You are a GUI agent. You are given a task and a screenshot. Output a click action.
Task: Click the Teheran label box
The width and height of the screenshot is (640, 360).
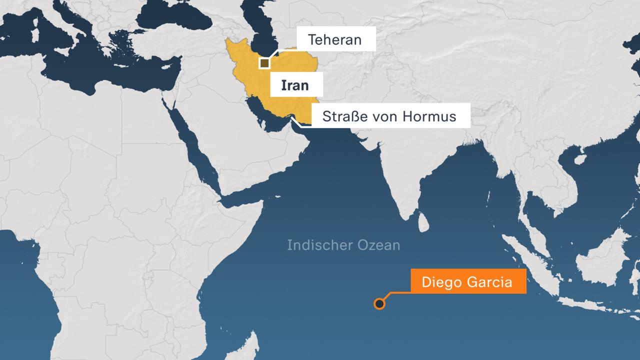click(x=335, y=40)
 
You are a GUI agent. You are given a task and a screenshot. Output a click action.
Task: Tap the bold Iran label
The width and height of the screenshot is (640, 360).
click(x=295, y=85)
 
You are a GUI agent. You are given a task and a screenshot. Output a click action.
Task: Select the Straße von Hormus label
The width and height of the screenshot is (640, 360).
click(x=389, y=116)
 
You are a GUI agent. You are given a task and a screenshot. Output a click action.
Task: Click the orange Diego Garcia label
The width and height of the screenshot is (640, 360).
click(x=467, y=281)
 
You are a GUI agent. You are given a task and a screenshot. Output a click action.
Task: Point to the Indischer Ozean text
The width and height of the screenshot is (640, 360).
click(x=343, y=245)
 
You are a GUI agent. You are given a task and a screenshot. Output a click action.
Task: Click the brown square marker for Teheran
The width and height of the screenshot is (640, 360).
click(x=264, y=63)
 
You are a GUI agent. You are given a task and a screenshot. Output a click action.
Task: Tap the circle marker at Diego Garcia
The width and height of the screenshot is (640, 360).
click(x=379, y=303)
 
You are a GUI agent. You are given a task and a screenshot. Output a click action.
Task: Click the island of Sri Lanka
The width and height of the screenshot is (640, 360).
click(x=423, y=221)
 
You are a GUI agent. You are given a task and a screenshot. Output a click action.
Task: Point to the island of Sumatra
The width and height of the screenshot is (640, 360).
click(x=530, y=260)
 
